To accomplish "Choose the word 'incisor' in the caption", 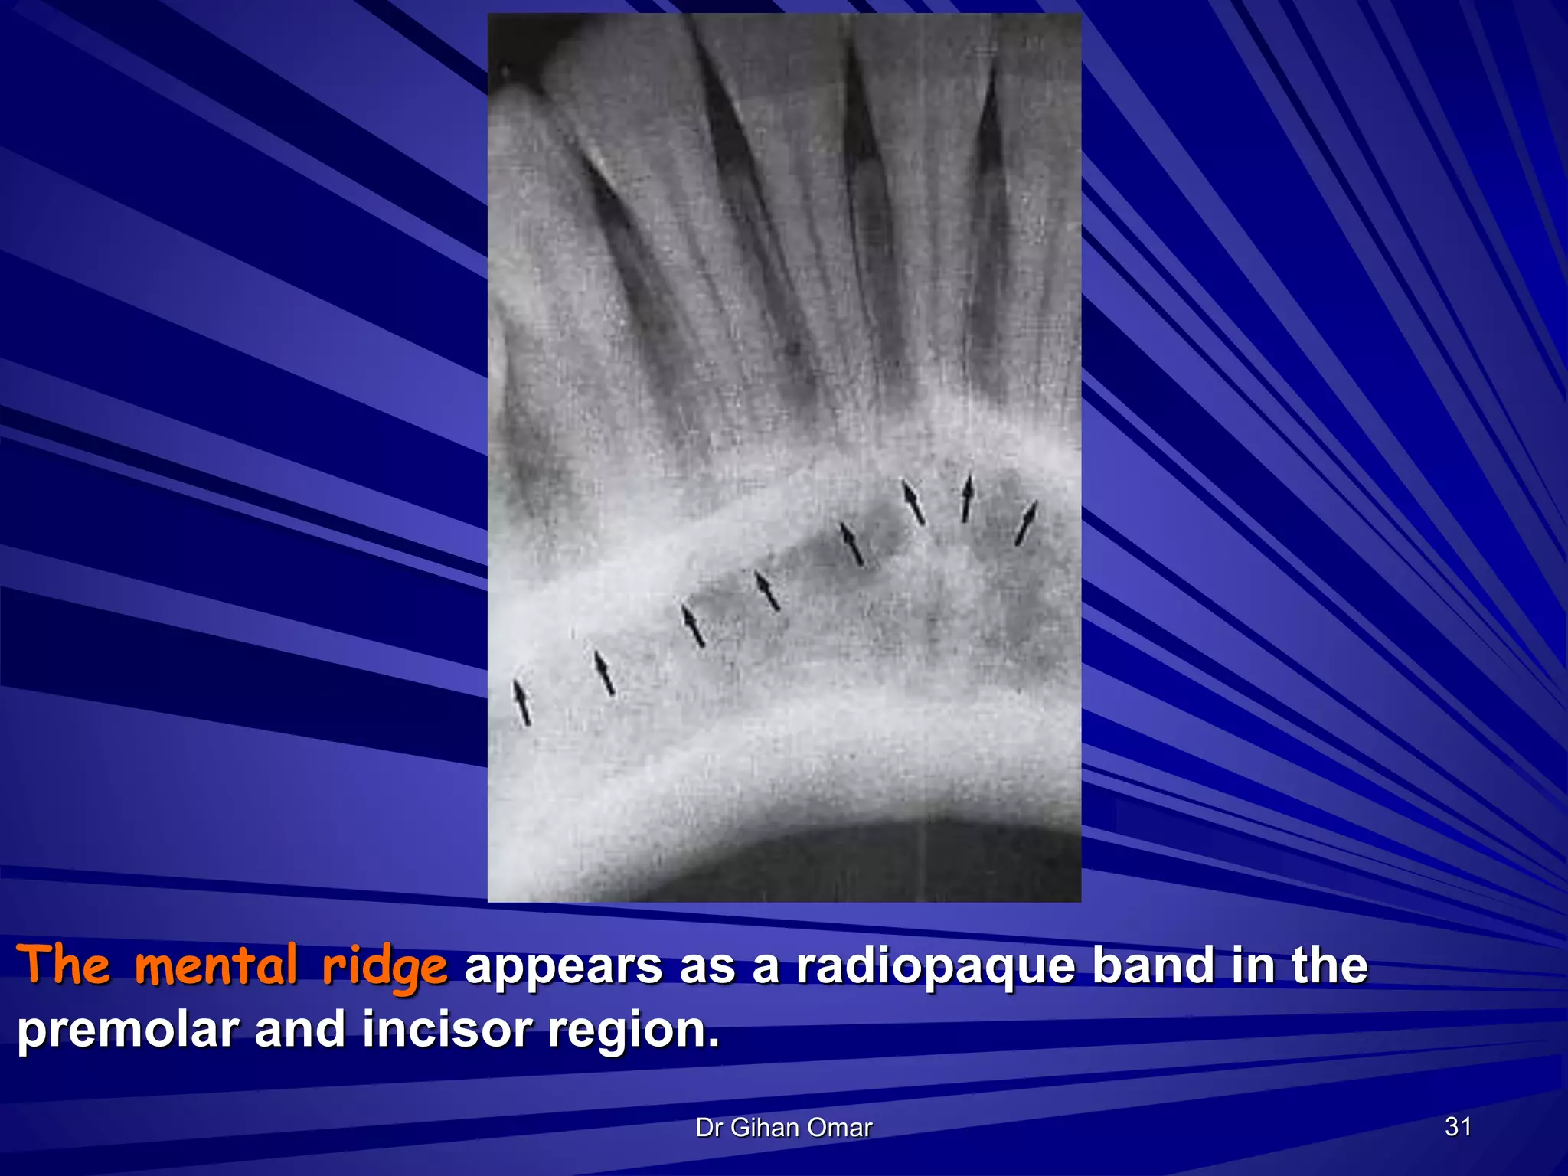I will [446, 1030].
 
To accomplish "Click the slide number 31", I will [1458, 1126].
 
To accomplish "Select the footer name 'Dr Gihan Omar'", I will [783, 1127].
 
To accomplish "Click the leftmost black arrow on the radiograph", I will [522, 702].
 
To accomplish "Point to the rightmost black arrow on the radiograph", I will [1025, 523].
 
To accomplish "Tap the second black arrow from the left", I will [604, 673].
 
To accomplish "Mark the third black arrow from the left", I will [693, 626].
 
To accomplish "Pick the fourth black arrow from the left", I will [767, 591].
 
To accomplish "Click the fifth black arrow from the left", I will [851, 544].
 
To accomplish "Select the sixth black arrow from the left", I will [913, 502].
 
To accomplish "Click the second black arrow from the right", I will [967, 498].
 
